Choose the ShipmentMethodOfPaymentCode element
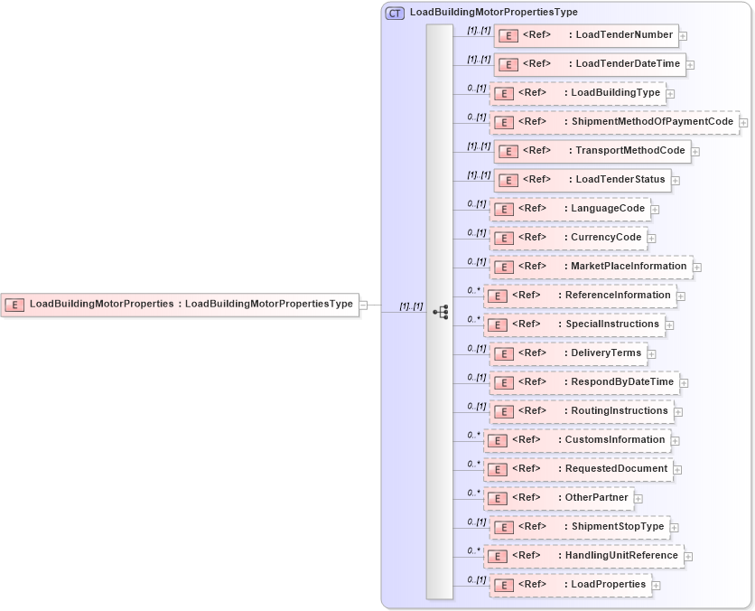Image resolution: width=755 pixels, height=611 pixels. click(x=613, y=122)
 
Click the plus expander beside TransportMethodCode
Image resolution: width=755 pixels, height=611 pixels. click(x=696, y=152)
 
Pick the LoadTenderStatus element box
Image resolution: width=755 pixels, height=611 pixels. click(x=582, y=180)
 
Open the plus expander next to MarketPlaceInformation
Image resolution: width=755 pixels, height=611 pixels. click(x=697, y=268)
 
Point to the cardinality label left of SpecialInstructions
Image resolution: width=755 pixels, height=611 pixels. click(x=474, y=319)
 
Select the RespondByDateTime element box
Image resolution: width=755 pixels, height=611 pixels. click(x=583, y=382)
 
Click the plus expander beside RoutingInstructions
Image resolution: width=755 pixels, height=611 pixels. click(x=678, y=412)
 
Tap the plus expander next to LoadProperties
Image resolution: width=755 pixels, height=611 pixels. click(x=656, y=586)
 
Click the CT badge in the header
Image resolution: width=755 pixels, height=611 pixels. click(x=395, y=14)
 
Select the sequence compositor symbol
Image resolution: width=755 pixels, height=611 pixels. click(x=441, y=312)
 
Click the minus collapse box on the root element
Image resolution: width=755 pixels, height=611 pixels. click(x=363, y=305)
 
